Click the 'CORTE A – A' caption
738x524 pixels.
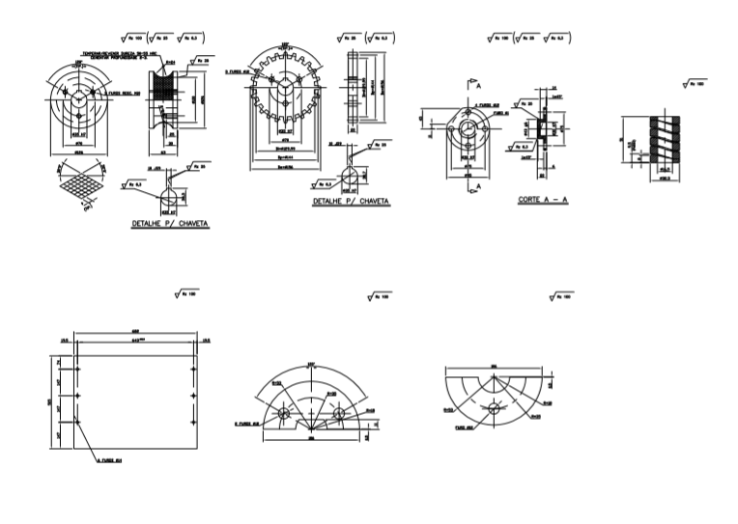(x=541, y=200)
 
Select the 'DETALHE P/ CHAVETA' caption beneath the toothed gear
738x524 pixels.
(x=351, y=203)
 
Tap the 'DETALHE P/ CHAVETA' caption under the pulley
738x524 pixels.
(x=170, y=223)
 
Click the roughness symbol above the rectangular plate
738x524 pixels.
(x=183, y=292)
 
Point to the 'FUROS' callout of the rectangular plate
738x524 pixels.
(x=99, y=461)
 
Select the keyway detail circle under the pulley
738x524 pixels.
(x=168, y=194)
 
